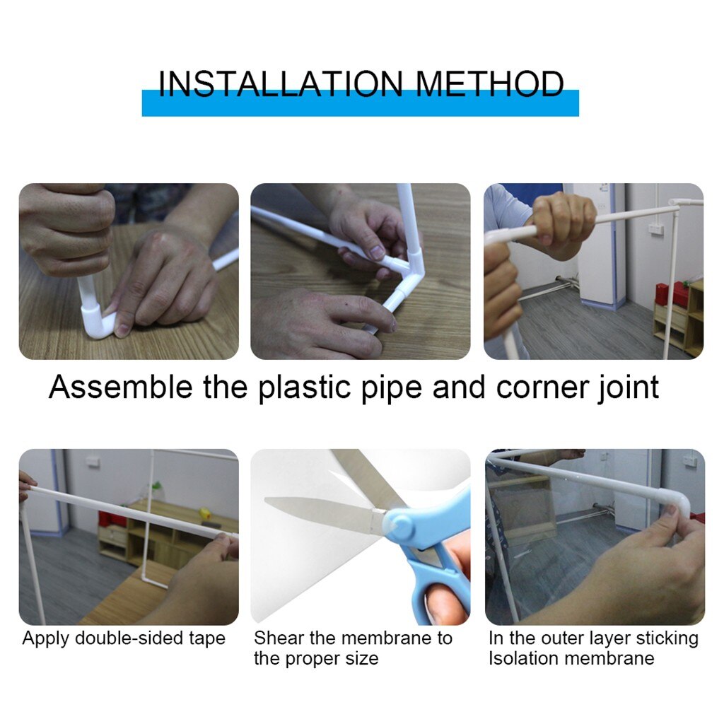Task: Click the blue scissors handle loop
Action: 442,594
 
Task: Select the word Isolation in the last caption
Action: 523,658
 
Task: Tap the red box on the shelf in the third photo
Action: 663,293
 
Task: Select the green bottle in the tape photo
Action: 157,490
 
